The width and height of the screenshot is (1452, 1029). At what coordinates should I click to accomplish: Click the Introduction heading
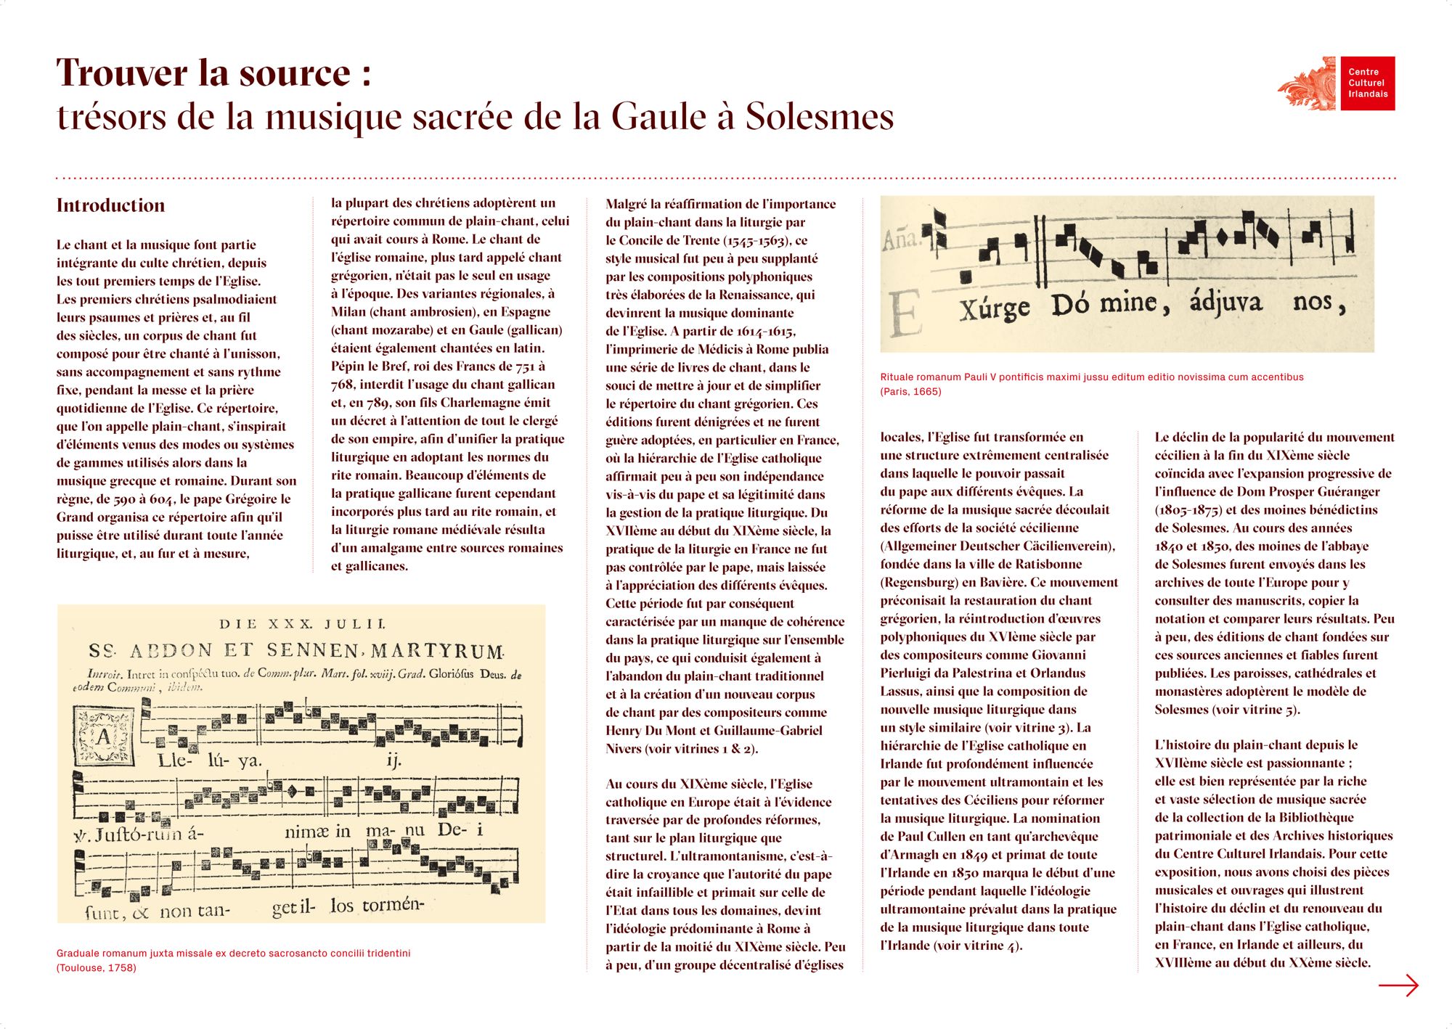pos(110,205)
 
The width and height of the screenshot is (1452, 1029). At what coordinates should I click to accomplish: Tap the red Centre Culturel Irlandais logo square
pos(1367,83)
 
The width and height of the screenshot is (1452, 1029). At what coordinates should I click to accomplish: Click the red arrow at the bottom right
pos(1398,985)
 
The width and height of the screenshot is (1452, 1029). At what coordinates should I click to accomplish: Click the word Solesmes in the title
pos(820,117)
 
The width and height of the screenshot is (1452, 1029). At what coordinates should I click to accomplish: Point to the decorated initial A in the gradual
pos(105,736)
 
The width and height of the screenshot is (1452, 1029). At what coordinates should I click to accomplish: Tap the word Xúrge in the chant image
pos(994,308)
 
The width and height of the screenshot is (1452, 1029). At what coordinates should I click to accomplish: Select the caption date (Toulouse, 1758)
pos(96,968)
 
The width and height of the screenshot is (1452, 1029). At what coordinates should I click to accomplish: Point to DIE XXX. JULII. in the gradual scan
pos(302,624)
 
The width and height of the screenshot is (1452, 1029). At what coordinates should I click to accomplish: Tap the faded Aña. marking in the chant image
pos(900,239)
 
